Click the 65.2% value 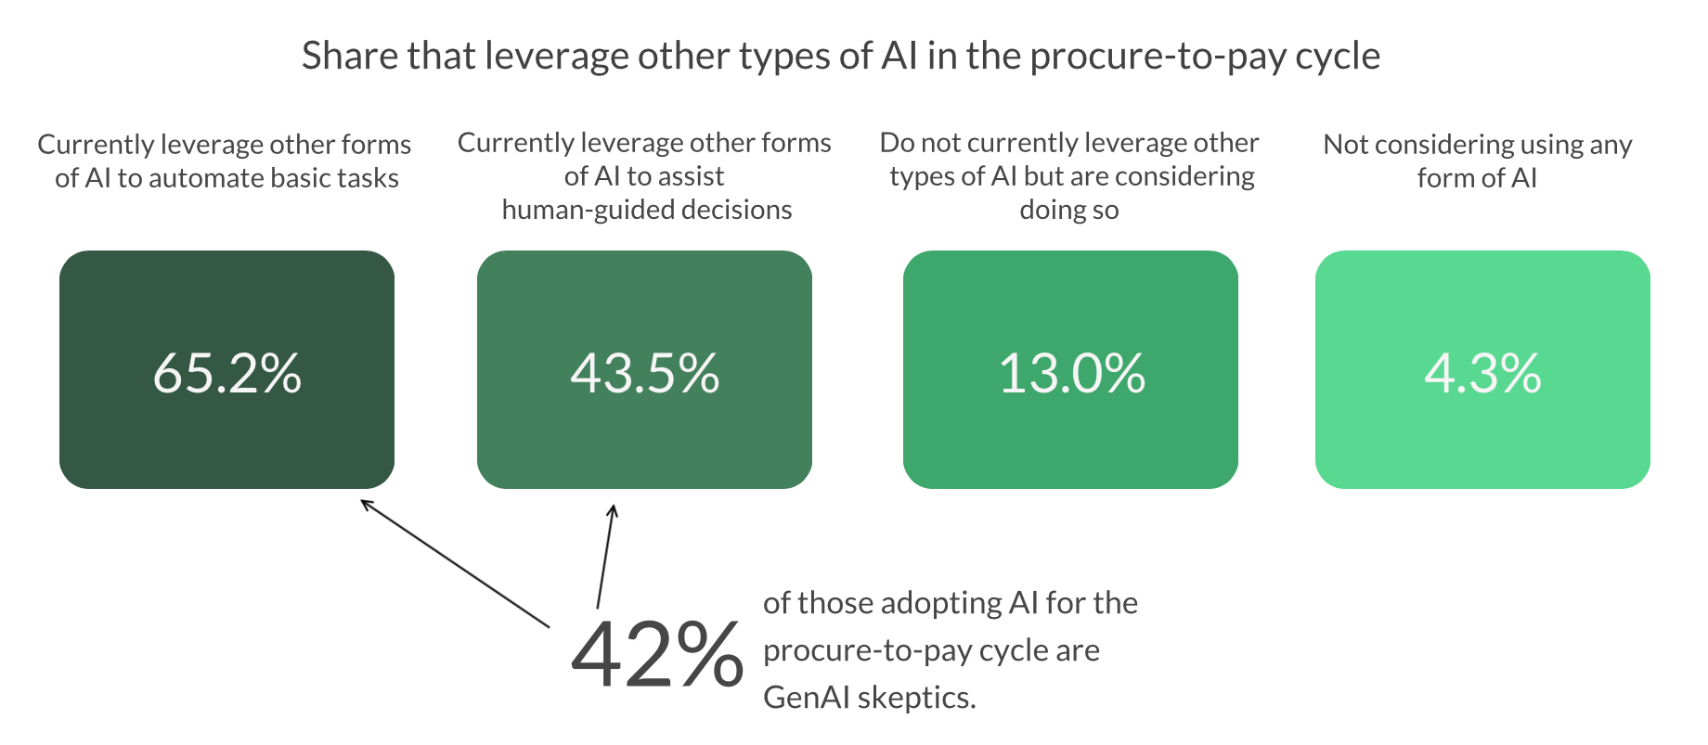click(x=227, y=373)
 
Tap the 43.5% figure click(x=644, y=373)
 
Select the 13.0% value click(x=1071, y=373)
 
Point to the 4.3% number click(x=1482, y=373)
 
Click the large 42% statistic click(x=656, y=655)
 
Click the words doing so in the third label click(x=1069, y=210)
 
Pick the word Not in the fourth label click(x=1345, y=145)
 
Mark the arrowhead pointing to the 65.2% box click(x=364, y=503)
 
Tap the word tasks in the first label click(x=369, y=178)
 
